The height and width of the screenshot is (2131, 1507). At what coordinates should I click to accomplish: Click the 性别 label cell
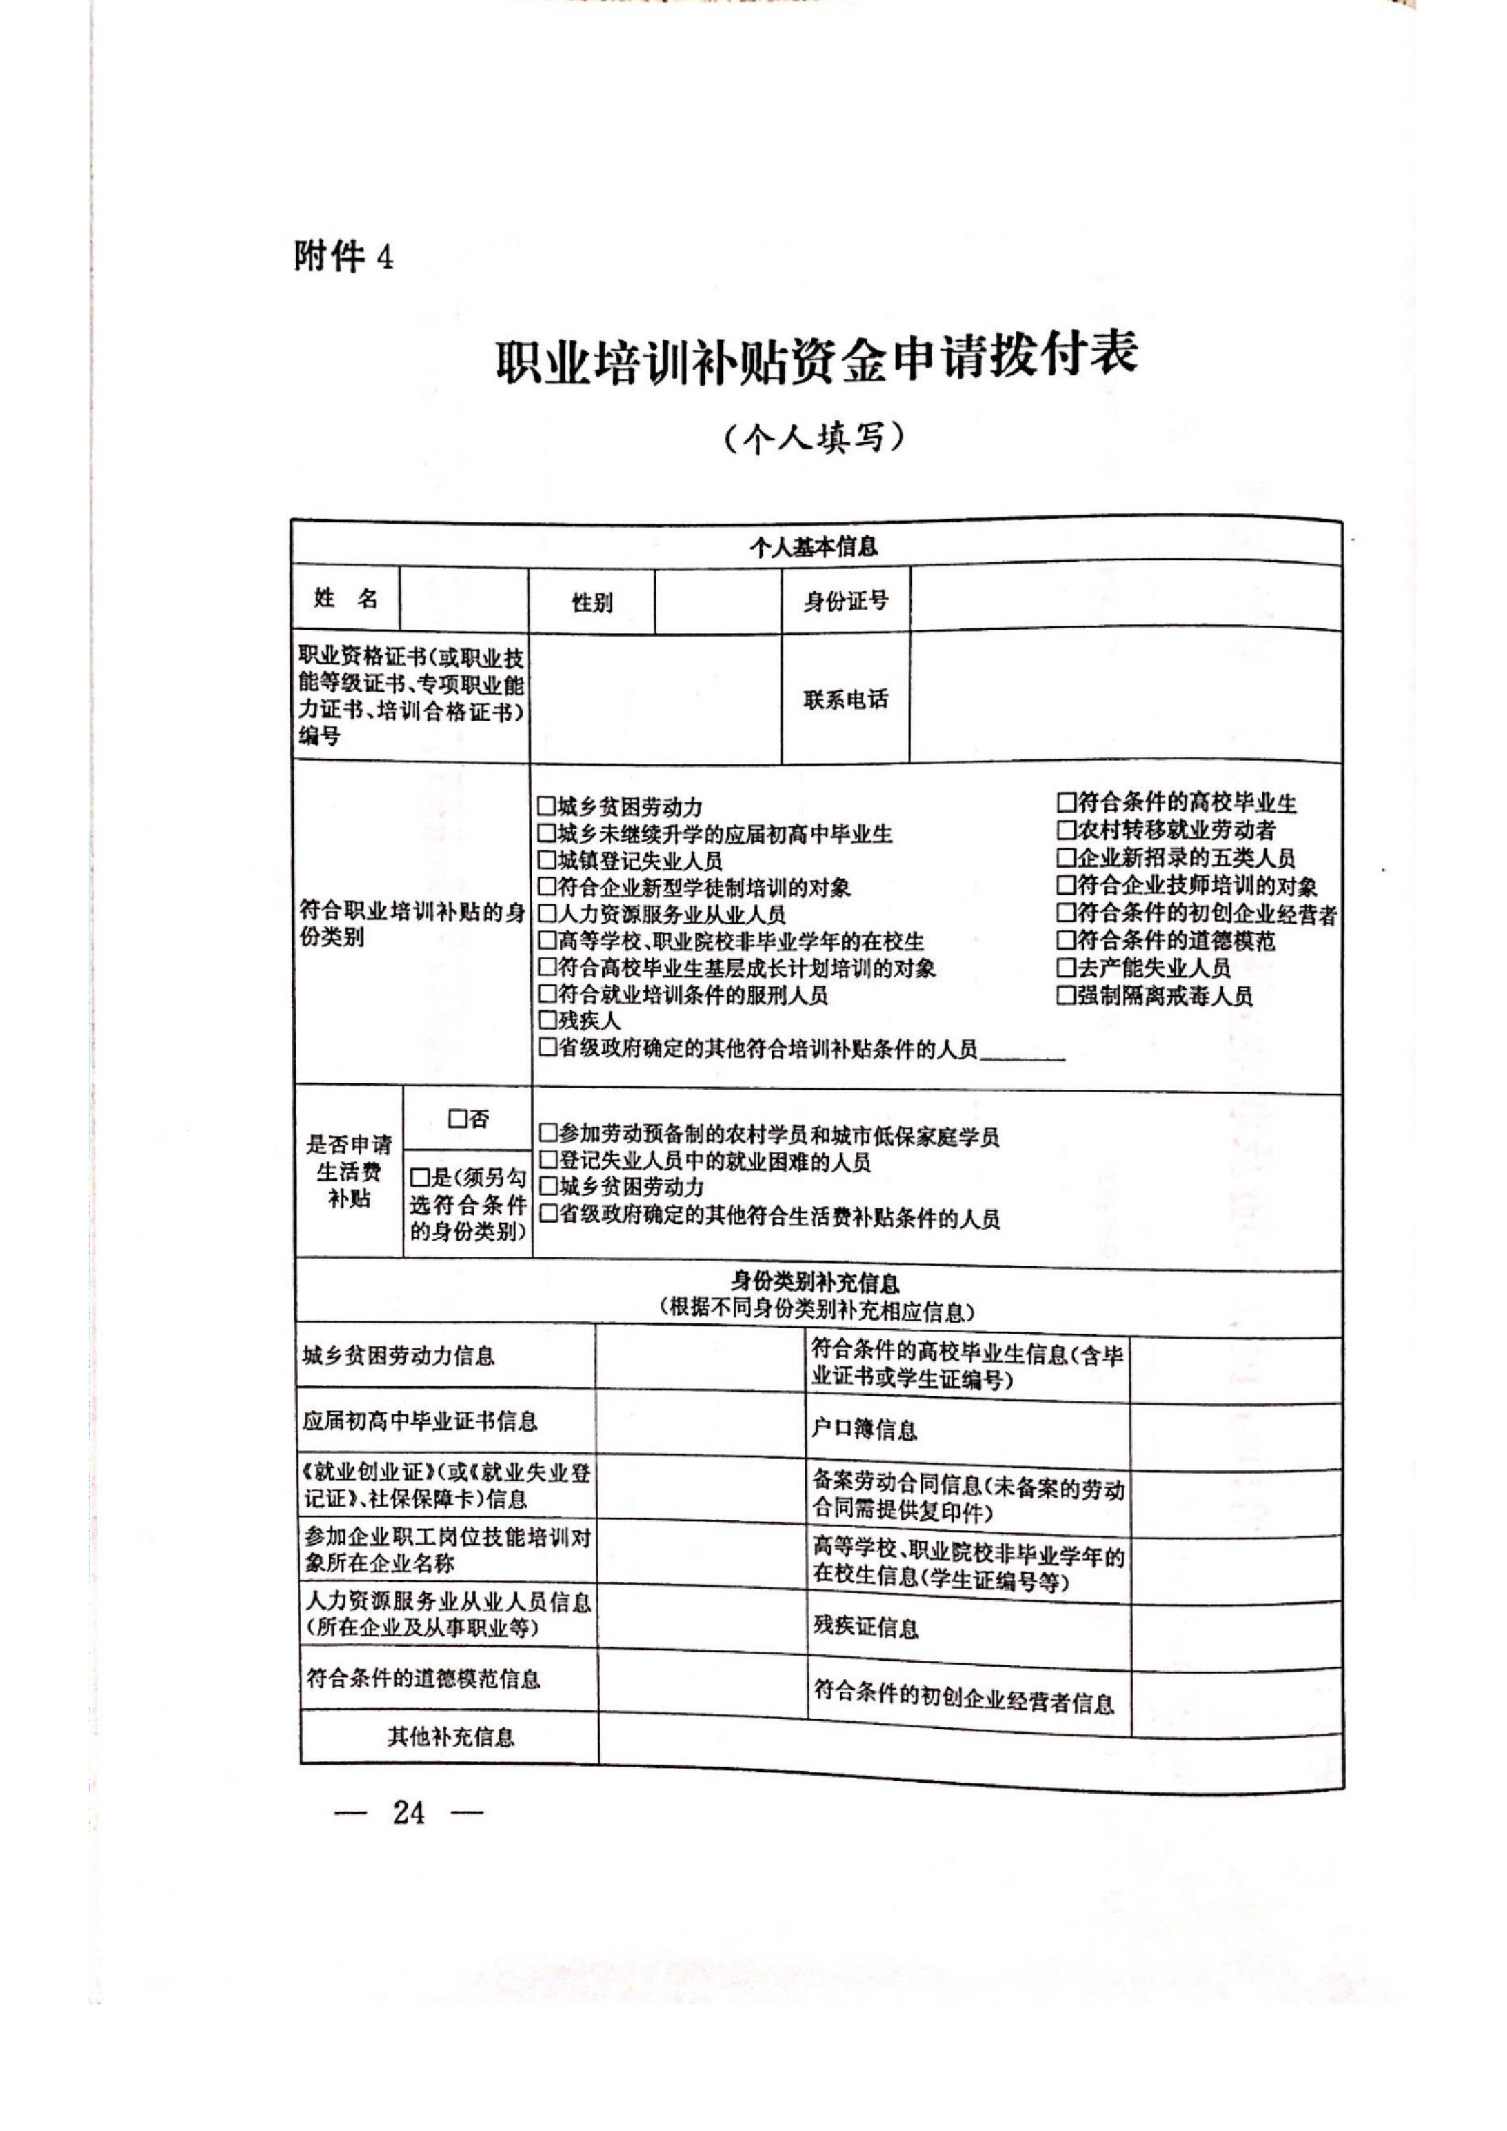pyautogui.click(x=591, y=603)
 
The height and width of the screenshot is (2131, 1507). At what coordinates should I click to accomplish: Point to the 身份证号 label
pyautogui.click(x=845, y=601)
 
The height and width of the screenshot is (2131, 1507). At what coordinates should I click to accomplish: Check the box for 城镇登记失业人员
pyautogui.click(x=546, y=860)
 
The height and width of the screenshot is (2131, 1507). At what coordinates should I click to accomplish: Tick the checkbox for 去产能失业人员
pyautogui.click(x=1065, y=968)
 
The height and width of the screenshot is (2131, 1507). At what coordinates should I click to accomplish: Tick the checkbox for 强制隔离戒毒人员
pyautogui.click(x=1065, y=996)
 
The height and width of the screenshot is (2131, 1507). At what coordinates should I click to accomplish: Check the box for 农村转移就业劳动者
pyautogui.click(x=1065, y=830)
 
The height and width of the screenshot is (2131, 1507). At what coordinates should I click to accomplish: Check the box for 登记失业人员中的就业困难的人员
pyautogui.click(x=548, y=1160)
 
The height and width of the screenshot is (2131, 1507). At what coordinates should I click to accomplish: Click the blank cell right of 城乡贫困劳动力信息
pyautogui.click(x=700, y=1356)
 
